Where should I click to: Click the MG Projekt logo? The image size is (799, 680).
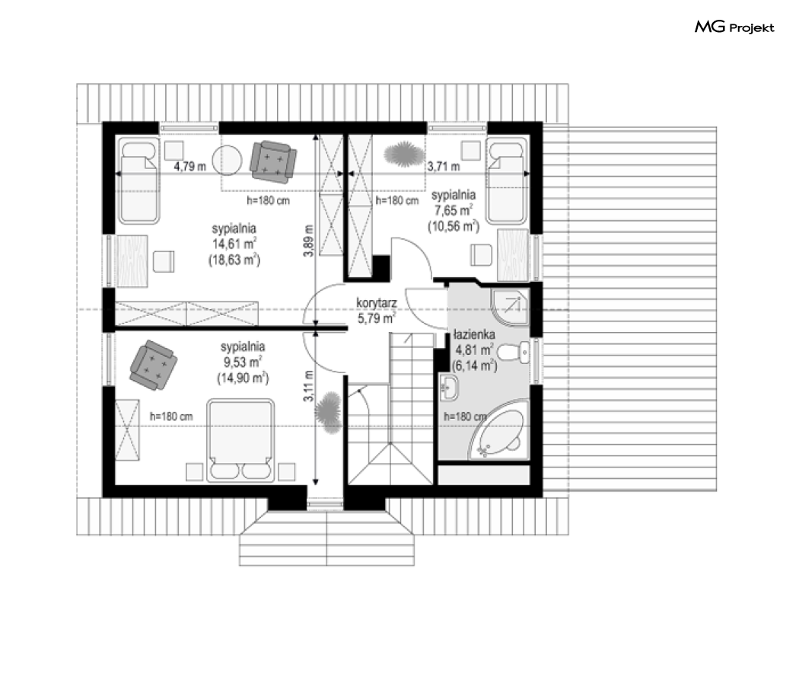tap(734, 27)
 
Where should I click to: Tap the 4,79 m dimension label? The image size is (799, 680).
tap(190, 166)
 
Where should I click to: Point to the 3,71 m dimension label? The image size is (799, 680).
tap(444, 166)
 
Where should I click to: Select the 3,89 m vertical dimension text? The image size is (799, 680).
tap(308, 240)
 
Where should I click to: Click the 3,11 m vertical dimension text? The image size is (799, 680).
tap(308, 386)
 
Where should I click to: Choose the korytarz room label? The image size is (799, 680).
tap(377, 303)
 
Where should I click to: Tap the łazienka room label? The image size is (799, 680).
tap(474, 334)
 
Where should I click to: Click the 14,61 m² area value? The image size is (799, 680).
tap(234, 244)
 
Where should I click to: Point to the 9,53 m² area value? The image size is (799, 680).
tap(243, 362)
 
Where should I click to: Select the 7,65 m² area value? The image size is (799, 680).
tap(453, 210)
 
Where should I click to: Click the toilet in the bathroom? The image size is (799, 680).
tap(513, 353)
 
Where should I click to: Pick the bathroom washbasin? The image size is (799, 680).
tap(449, 388)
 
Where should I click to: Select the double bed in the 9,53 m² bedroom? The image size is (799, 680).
tap(240, 440)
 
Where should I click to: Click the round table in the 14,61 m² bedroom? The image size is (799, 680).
tap(227, 161)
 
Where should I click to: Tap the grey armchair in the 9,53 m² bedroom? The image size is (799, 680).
tap(154, 365)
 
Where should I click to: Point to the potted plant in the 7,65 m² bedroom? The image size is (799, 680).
tap(404, 155)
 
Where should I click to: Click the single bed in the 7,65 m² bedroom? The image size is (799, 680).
tap(506, 180)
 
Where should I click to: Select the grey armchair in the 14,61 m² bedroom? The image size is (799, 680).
tap(273, 161)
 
